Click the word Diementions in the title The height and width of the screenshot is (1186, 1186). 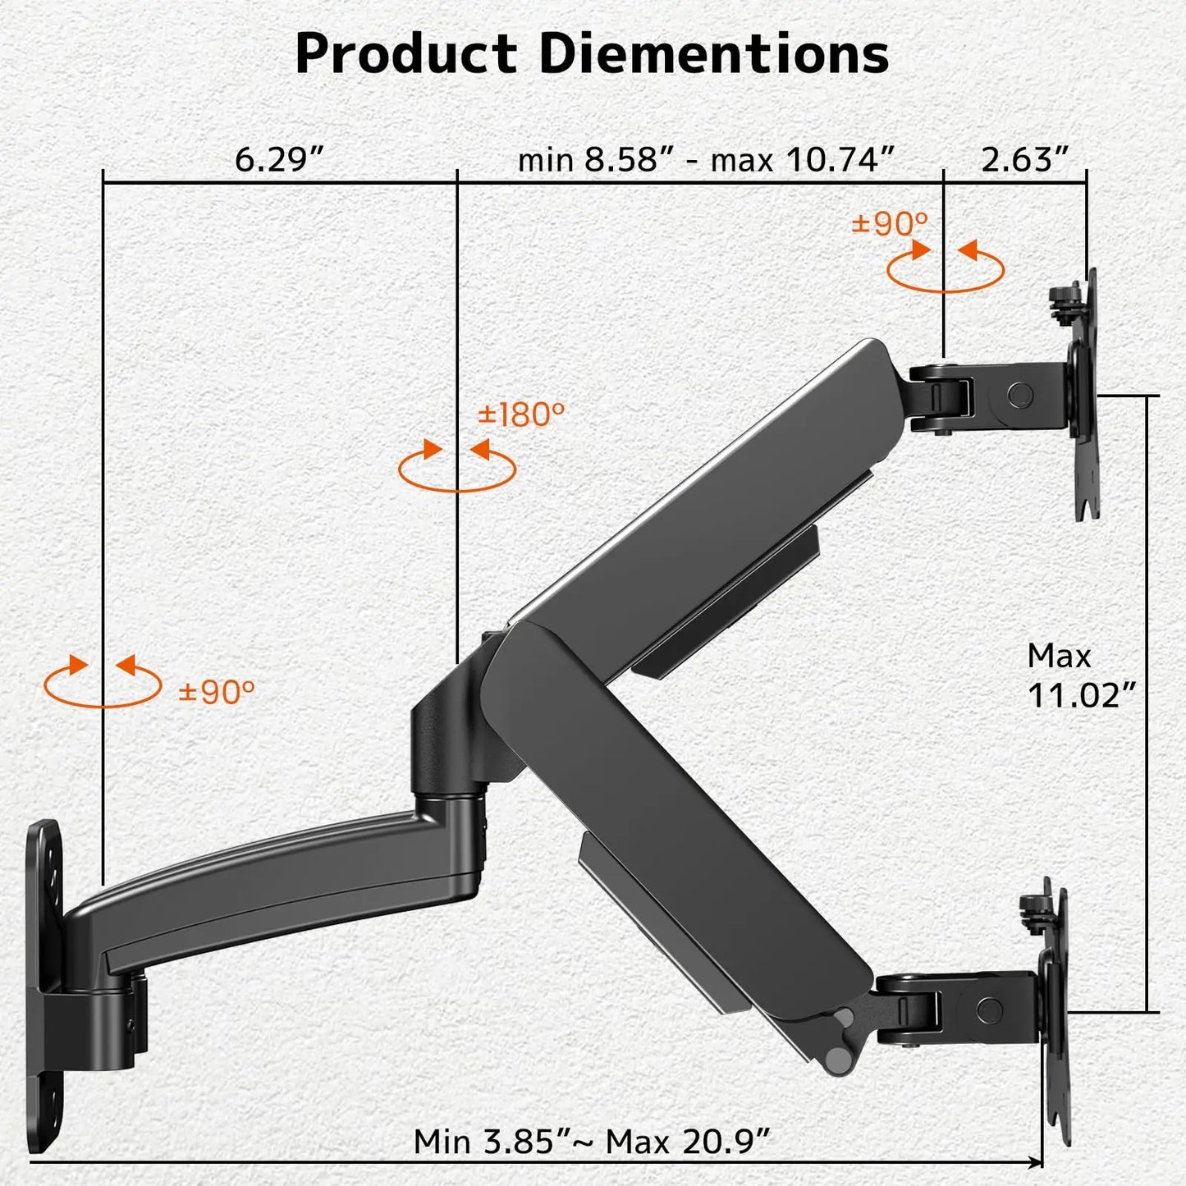(714, 54)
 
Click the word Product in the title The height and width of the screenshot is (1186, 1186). (406, 54)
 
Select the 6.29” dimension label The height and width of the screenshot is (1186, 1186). (280, 158)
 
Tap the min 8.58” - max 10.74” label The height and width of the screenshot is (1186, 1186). (706, 158)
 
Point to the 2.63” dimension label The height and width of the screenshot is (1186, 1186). (1025, 158)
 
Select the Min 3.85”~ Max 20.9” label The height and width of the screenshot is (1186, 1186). (592, 1141)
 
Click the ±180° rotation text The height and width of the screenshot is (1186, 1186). (521, 414)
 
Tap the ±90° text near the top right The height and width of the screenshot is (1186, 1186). (890, 223)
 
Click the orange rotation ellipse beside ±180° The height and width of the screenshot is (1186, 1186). (456, 470)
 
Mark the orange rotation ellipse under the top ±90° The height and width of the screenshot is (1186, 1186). (946, 270)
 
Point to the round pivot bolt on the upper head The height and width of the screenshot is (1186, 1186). (1020, 395)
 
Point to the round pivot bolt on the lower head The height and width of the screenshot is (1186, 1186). (990, 1009)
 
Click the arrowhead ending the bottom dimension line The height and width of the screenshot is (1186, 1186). (1036, 1162)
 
